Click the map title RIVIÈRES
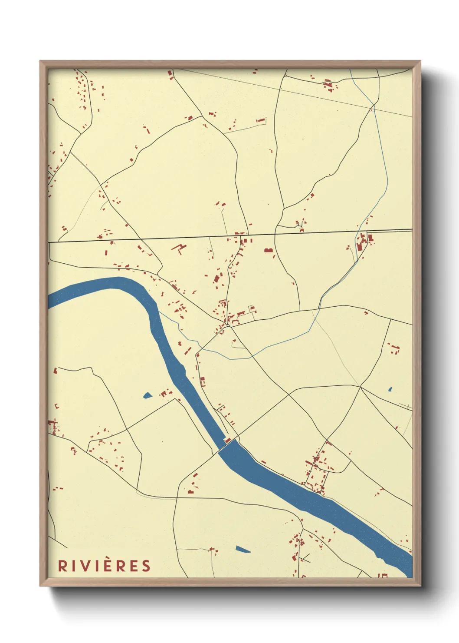[x=104, y=566]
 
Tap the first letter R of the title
[x=63, y=566]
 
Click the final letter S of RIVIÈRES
[x=146, y=566]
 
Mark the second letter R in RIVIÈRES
[x=120, y=566]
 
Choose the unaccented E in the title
[x=133, y=566]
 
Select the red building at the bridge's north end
[x=227, y=440]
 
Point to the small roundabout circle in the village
[x=227, y=325]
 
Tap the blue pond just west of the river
[x=148, y=395]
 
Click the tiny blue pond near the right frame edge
[x=390, y=389]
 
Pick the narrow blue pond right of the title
[x=243, y=549]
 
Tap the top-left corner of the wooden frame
[x=40, y=61]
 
